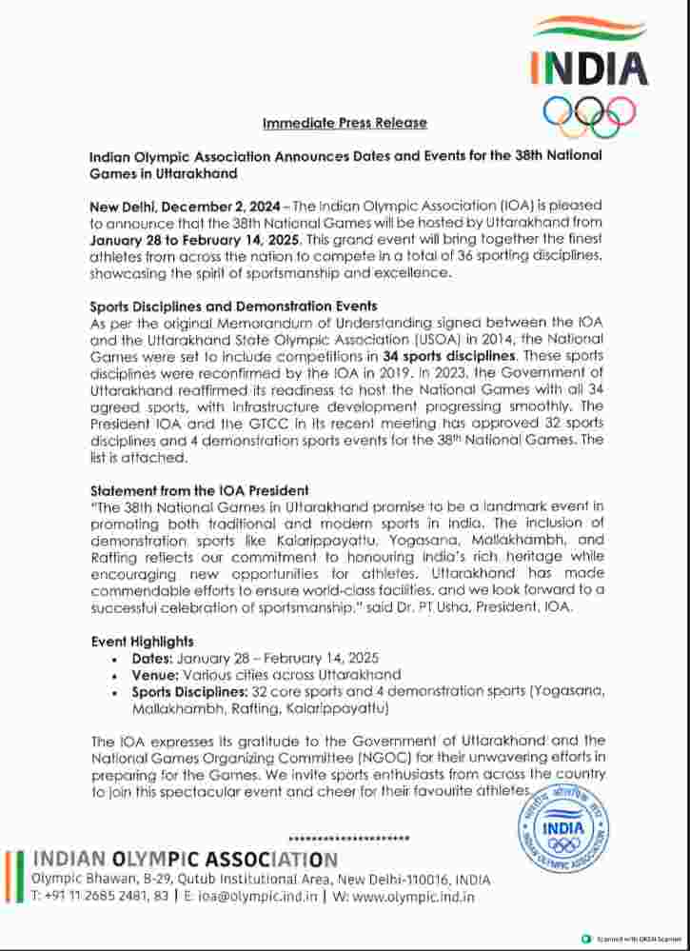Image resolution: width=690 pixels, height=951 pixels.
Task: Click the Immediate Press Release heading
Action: tap(345, 123)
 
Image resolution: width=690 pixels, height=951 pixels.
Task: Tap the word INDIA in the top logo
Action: tap(589, 69)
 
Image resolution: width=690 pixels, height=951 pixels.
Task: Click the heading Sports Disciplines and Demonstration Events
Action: tap(233, 307)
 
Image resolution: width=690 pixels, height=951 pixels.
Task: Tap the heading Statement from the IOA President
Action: tap(199, 490)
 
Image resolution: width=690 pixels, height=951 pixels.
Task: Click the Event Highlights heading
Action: tap(142, 642)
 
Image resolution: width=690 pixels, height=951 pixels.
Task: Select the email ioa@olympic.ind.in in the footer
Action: tap(254, 896)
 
